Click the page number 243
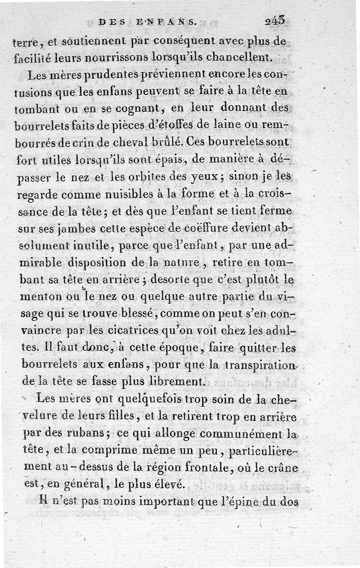click(275, 21)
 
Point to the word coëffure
click(200, 227)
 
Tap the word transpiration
click(259, 365)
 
